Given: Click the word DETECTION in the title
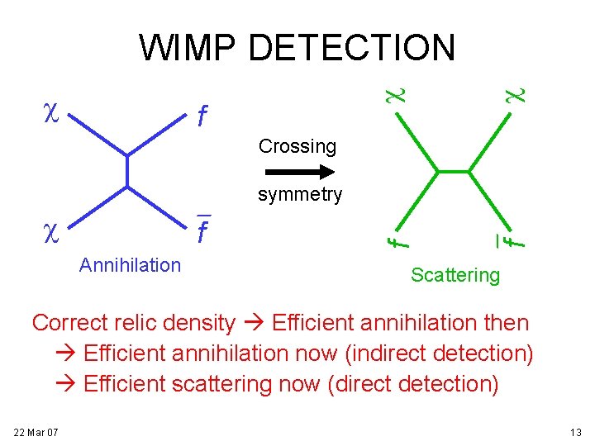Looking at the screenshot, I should point(351,48).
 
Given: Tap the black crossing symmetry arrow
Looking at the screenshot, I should point(298,172).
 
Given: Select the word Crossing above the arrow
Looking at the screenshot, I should point(297,146).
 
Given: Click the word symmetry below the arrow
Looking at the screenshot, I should point(299,195).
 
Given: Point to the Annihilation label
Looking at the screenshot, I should point(130,265).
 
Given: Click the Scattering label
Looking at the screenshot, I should point(455,275).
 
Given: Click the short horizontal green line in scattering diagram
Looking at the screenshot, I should point(453,172).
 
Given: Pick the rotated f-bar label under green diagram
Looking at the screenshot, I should point(515,239).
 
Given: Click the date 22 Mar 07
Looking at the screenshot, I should point(36,432).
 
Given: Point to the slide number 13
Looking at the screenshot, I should point(575,432).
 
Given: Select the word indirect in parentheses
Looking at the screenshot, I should point(390,353).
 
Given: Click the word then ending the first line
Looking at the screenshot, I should point(506,322).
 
